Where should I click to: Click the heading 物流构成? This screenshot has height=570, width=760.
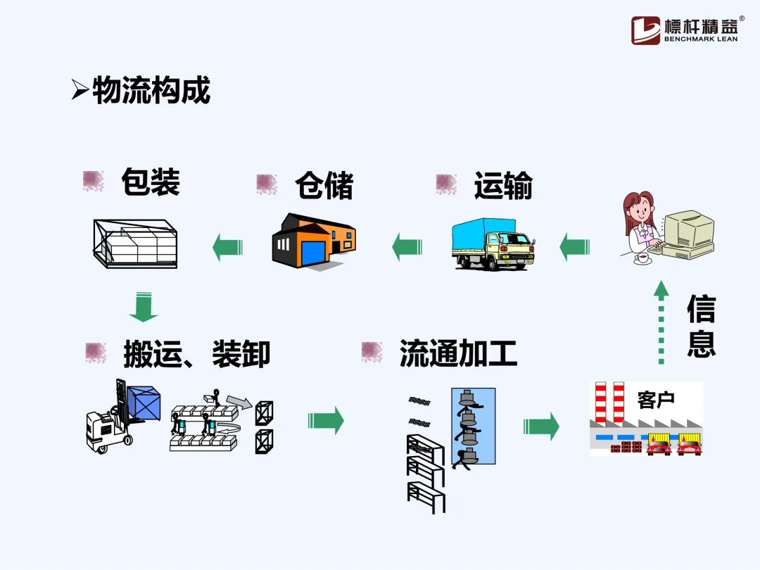tap(151, 91)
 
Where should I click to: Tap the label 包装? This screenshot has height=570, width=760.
tap(150, 182)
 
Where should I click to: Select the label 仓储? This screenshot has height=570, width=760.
tap(324, 185)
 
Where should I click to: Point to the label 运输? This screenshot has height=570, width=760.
tap(503, 185)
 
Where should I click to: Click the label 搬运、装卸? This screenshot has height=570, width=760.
tap(196, 353)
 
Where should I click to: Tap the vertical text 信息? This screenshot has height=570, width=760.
tap(701, 326)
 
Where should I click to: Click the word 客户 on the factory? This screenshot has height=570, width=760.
tap(655, 399)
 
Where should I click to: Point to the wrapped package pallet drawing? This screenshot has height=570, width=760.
tap(135, 243)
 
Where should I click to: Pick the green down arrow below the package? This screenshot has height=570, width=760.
tap(144, 307)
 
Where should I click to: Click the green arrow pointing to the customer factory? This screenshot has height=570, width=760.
tap(541, 426)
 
